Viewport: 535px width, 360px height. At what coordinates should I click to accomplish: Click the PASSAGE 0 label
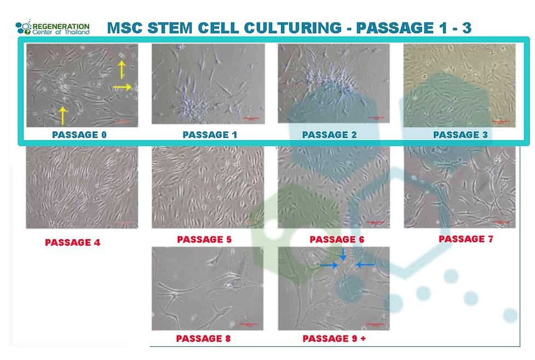click(x=79, y=134)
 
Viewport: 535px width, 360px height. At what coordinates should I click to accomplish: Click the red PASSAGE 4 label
click(x=72, y=242)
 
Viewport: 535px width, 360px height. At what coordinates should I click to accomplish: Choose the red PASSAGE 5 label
click(x=204, y=240)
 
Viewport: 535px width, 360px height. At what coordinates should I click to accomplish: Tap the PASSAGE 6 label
click(x=336, y=240)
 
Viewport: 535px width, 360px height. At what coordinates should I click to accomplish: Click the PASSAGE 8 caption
click(x=203, y=339)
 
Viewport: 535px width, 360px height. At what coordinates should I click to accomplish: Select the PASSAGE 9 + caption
click(x=334, y=339)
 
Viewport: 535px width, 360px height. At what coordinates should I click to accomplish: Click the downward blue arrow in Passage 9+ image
click(x=343, y=254)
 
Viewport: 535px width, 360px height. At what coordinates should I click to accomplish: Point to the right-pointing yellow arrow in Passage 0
click(x=123, y=86)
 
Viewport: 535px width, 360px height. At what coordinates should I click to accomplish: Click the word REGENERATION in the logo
click(x=61, y=25)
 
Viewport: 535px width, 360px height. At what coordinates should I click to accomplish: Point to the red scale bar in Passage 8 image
click(x=249, y=324)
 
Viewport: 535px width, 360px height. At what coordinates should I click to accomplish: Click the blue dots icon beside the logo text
click(x=24, y=27)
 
